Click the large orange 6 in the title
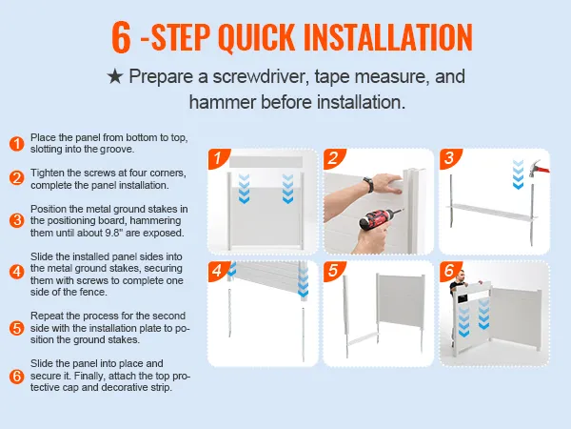(x=121, y=36)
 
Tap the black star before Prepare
(x=116, y=76)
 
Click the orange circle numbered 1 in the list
(x=16, y=144)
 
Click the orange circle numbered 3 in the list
(x=16, y=220)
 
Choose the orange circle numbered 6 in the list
(x=16, y=377)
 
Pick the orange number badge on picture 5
(x=333, y=272)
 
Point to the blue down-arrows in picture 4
(x=302, y=283)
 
